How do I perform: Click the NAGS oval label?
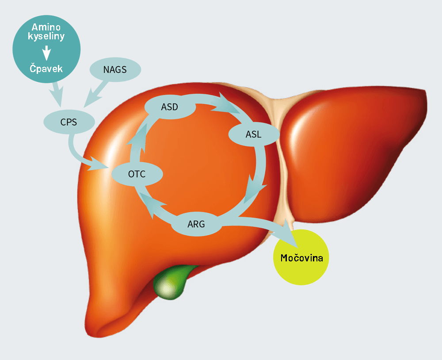(x=115, y=69)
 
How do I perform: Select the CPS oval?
(x=69, y=121)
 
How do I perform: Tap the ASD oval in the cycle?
(x=169, y=107)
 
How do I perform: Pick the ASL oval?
(x=253, y=134)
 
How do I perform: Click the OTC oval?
(x=137, y=174)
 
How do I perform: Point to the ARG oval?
(x=196, y=224)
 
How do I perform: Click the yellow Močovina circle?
(x=302, y=257)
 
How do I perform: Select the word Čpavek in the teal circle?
(x=46, y=69)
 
